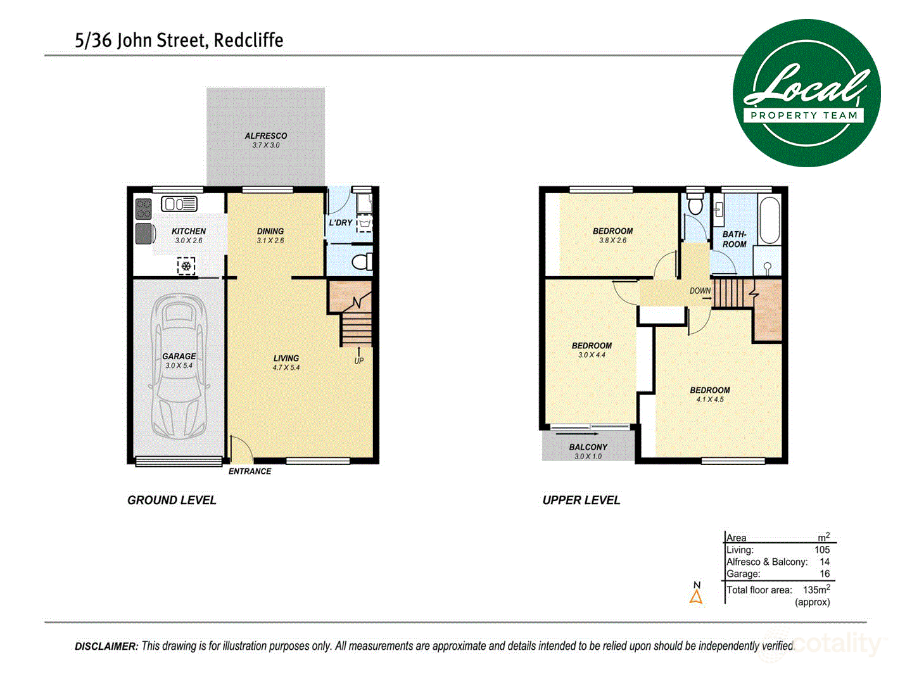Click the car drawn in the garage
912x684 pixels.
point(179,367)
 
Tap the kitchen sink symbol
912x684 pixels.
point(179,204)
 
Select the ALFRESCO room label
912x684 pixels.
point(266,136)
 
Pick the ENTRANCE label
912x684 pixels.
point(250,471)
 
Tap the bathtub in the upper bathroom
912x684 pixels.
point(769,220)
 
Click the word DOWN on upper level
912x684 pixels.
point(700,291)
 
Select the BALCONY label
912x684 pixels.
point(588,446)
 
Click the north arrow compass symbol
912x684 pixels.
point(696,595)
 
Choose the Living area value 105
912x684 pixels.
point(822,550)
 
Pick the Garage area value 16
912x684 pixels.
point(824,574)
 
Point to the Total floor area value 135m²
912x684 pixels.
point(816,590)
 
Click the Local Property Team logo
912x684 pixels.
point(806,93)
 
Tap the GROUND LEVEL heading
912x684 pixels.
point(172,500)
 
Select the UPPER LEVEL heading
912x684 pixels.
point(581,500)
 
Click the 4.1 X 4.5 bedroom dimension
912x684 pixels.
point(709,400)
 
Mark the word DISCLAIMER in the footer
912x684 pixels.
point(106,646)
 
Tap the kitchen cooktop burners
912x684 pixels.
point(144,209)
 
